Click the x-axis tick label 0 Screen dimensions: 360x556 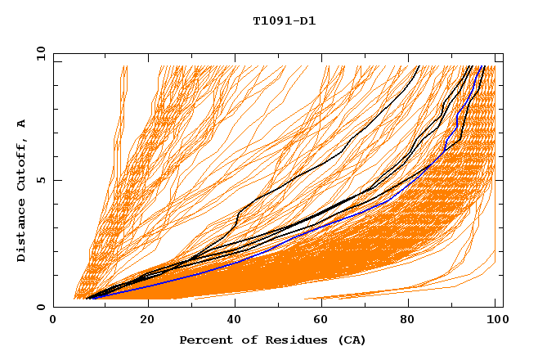coord(53,320)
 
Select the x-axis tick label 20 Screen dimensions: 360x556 coord(148,320)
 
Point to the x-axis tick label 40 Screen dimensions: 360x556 coord(236,320)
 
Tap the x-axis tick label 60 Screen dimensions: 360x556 coord(325,320)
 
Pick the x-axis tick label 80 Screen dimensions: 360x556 coord(415,320)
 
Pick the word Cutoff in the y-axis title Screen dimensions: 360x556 coord(22,161)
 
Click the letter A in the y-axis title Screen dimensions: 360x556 coord(22,124)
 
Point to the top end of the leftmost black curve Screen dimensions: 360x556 coord(419,66)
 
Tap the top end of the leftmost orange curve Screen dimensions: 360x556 coord(122,66)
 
